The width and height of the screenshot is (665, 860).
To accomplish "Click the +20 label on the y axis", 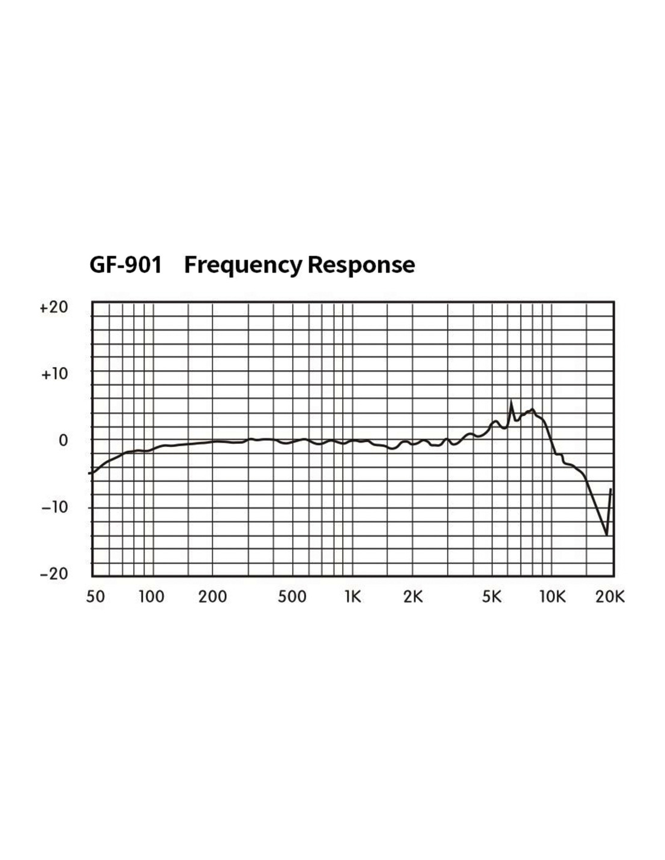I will pos(54,307).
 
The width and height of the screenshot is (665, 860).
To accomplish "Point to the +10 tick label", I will pos(54,374).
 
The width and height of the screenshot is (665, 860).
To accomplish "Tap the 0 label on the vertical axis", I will pos(63,441).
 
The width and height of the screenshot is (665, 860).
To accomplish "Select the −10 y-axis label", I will pos(54,507).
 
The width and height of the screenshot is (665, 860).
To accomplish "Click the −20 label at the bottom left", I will pos(54,573).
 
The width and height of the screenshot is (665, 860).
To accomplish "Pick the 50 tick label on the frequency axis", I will pos(96,597).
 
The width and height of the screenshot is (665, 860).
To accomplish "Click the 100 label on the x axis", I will pos(151,597).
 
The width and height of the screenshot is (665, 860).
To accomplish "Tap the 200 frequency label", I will pos(213,597).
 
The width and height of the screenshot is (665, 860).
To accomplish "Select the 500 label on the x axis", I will pos(292,597).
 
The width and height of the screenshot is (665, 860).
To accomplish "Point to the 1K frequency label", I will pos(352,597).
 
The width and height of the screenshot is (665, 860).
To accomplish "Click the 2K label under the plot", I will pos(413,597).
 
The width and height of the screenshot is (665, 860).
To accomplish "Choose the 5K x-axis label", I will pos(492,597).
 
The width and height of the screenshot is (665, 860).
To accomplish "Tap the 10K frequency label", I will pos(552,597).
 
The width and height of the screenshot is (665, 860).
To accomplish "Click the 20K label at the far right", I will pos(609,597).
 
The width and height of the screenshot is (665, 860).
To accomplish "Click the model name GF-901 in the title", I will pos(126,265).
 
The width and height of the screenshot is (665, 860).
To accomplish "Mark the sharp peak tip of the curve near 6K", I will pos(511,402).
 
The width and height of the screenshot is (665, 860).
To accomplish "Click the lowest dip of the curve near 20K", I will pos(606,535).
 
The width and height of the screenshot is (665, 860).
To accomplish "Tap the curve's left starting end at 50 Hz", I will pos(91,473).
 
